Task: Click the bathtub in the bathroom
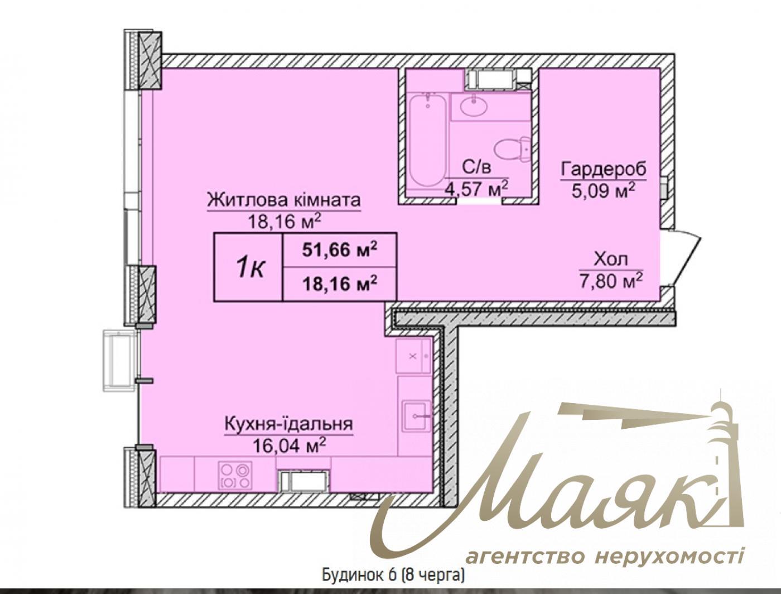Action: tap(427, 141)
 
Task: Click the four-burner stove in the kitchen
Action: tap(235, 475)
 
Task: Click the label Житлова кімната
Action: tap(284, 200)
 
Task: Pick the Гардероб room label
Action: tap(604, 169)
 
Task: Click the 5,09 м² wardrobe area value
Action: tap(604, 190)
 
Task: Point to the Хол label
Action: tap(611, 259)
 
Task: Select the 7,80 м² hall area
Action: tap(611, 280)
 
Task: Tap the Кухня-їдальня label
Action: tap(288, 424)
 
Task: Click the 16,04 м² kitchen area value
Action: tap(288, 445)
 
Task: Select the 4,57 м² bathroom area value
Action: tap(476, 188)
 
